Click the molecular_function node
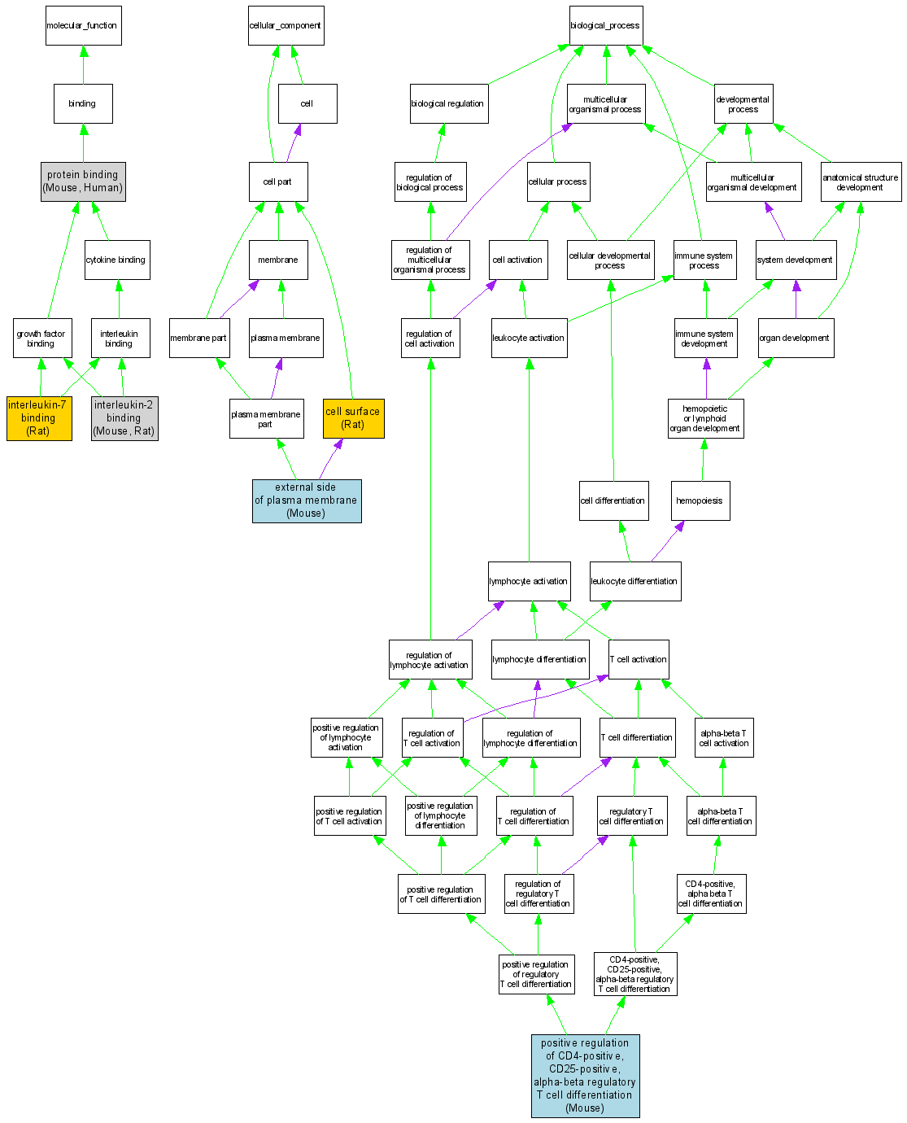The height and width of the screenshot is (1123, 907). coord(83,26)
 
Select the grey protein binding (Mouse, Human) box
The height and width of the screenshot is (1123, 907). coord(83,181)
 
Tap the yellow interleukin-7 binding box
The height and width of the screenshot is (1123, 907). coord(38,417)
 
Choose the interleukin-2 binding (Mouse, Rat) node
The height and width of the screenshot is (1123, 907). coord(124,417)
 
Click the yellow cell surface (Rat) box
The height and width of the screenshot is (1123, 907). coord(352,417)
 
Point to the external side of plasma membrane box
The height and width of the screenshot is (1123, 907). coord(306,500)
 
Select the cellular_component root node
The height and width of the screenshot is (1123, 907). coord(286,26)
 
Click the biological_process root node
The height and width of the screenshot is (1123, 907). coord(605,26)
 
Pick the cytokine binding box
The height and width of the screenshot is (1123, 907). coord(116,260)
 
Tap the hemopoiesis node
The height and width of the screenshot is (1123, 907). coord(700,500)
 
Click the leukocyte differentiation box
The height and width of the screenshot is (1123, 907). coord(634,581)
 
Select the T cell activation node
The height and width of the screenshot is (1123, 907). coord(638,659)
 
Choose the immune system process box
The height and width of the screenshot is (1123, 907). coord(704,260)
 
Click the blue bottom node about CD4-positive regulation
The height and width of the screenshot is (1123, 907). coord(585,1075)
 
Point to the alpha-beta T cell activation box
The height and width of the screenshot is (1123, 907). coord(723,737)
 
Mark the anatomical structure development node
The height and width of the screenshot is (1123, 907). coord(860,181)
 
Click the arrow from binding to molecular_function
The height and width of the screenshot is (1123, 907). coord(83,65)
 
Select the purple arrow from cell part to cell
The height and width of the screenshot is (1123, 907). coord(293,143)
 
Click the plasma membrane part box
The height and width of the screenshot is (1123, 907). coord(266,418)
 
